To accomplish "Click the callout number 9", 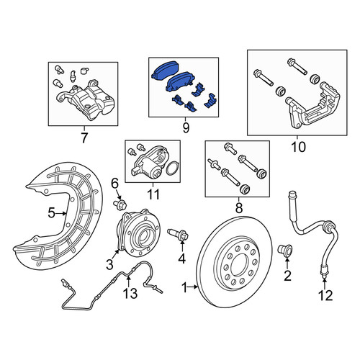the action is (186, 127).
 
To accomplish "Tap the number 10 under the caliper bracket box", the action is (299, 147).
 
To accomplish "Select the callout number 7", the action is (84, 138).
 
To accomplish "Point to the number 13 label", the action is (130, 293).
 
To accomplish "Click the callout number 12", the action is (325, 295).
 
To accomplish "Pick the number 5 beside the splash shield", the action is (52, 213).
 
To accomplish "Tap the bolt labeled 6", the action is (120, 204).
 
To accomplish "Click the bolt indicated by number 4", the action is (179, 233).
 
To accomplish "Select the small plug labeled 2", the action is (285, 249).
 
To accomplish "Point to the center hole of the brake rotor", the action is (239, 264).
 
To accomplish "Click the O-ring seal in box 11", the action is (171, 168).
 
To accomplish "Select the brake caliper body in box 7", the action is (86, 100).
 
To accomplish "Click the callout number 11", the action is (153, 194).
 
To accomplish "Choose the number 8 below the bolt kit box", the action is (239, 208).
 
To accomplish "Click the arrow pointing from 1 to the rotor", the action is (192, 287).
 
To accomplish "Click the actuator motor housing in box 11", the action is (148, 163).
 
